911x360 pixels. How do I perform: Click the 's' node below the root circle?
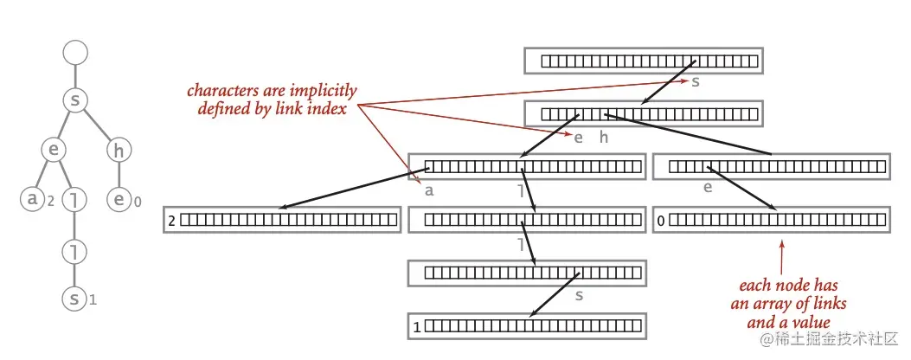pos(76,101)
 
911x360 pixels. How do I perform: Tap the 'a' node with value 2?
pos(33,200)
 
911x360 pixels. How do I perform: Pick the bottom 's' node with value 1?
pos(75,299)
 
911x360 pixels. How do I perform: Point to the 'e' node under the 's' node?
pos(54,151)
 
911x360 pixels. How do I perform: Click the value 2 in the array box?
pos(172,222)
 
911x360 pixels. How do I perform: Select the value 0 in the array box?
pos(661,222)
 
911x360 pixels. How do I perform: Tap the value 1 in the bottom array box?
pos(417,327)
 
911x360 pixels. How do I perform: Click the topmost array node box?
pos(642,61)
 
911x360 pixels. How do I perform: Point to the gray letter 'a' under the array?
pos(429,190)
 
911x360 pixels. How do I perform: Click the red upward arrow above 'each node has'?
pos(781,255)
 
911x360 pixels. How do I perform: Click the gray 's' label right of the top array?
pos(696,81)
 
